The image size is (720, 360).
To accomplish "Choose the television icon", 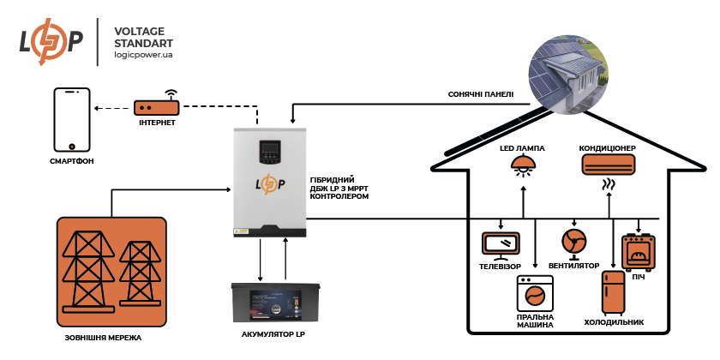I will (500, 245).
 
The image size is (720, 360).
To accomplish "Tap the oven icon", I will (638, 251).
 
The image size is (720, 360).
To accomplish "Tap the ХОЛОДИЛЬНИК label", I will (614, 322).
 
